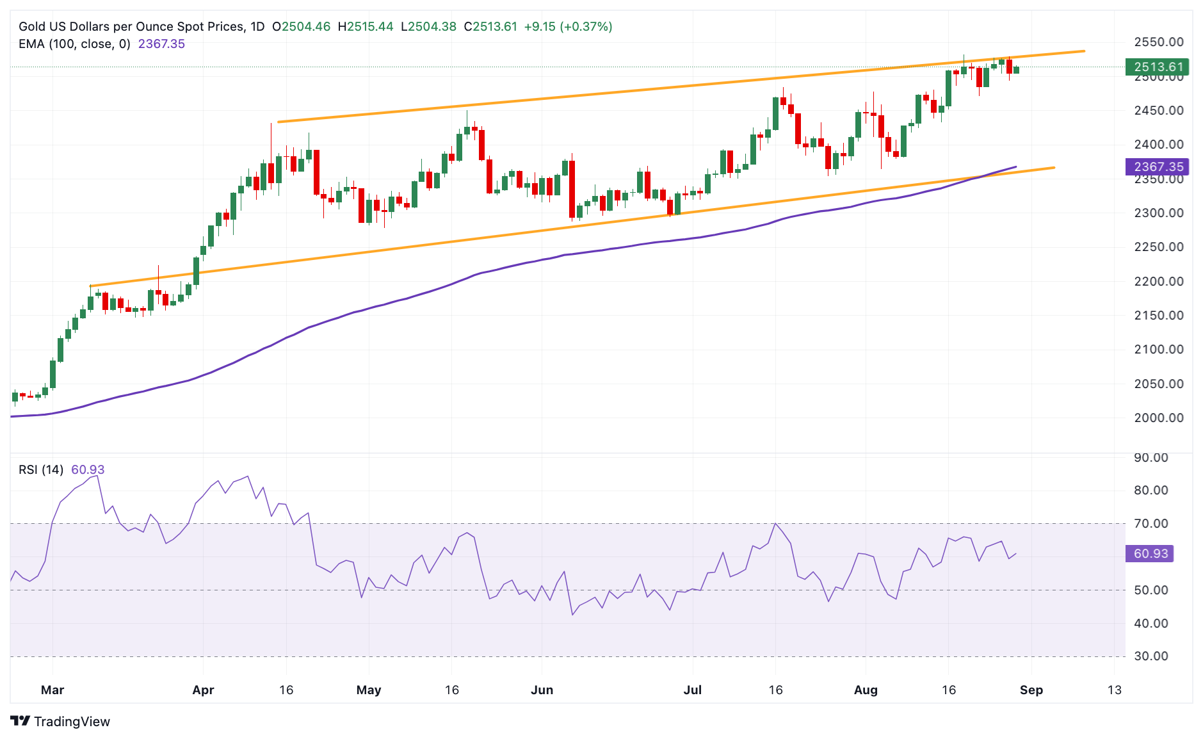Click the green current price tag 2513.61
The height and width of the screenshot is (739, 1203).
click(x=1158, y=67)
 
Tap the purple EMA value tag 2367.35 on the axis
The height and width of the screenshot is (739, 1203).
click(x=1158, y=166)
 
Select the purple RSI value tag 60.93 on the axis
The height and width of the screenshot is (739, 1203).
click(x=1150, y=553)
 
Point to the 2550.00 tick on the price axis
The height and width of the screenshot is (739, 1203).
click(x=1158, y=42)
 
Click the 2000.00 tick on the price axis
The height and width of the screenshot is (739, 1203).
click(x=1158, y=418)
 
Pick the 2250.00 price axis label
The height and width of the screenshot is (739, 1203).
click(x=1158, y=247)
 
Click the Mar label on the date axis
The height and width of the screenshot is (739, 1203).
click(x=52, y=690)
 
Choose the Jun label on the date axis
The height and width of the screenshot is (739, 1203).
click(x=542, y=690)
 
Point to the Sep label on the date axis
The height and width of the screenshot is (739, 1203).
click(x=1031, y=690)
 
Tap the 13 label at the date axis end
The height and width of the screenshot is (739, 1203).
click(x=1115, y=690)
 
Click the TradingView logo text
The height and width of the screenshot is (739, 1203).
click(x=71, y=722)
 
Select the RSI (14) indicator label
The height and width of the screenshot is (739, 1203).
click(x=41, y=469)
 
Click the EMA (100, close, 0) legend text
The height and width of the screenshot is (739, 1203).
click(x=74, y=44)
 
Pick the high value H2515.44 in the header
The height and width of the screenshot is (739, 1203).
click(x=365, y=26)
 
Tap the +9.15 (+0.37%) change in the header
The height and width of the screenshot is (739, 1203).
click(x=568, y=26)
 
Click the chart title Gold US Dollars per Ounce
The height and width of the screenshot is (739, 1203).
click(x=131, y=26)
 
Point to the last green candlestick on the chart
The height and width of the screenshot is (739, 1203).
click(x=1016, y=70)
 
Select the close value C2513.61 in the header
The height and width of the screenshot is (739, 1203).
click(x=490, y=26)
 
